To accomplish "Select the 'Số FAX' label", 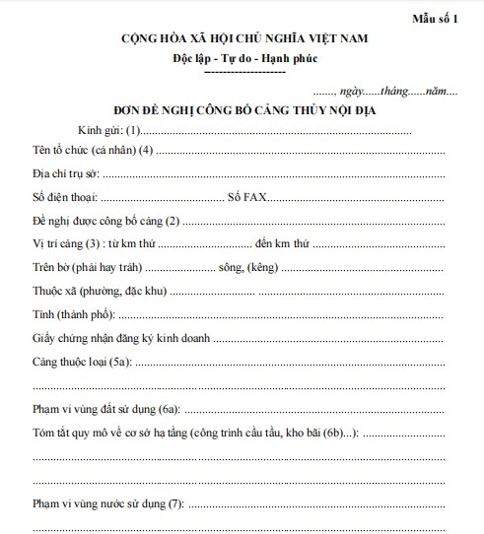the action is (x=246, y=196).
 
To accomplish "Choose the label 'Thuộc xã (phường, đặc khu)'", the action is (x=100, y=291).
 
